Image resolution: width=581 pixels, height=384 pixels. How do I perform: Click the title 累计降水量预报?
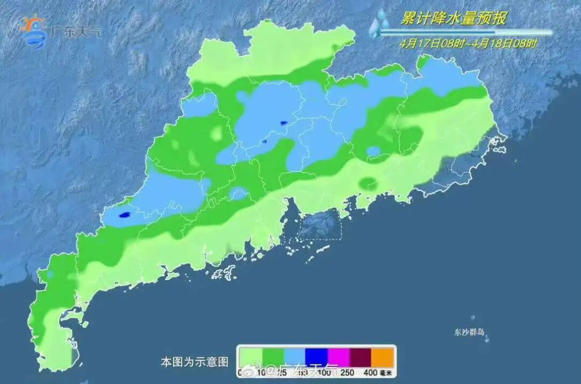tap(453, 19)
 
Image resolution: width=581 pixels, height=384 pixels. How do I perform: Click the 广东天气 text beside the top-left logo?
tap(75, 31)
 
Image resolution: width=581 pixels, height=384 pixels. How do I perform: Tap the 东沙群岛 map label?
tap(469, 332)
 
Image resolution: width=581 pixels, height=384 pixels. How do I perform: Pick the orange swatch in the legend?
tap(384, 356)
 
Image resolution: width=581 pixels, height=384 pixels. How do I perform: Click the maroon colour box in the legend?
tap(361, 356)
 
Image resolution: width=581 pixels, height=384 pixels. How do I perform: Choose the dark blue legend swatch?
tap(316, 356)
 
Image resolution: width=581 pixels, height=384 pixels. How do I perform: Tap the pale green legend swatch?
tap(250, 356)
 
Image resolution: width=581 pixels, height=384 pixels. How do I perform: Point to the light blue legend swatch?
tap(294, 356)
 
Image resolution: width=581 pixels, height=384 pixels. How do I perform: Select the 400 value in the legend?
tap(370, 372)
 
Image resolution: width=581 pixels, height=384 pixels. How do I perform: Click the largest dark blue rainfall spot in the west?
tap(124, 214)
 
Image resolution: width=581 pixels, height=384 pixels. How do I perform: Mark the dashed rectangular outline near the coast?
tap(320, 225)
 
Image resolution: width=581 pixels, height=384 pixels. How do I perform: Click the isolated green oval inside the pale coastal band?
tap(369, 184)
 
